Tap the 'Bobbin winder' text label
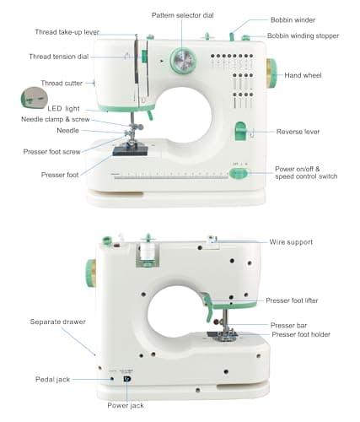tap(293, 19)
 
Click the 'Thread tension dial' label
tap(59, 57)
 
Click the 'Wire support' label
tap(291, 242)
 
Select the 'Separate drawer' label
tap(58, 322)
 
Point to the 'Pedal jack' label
tap(53, 380)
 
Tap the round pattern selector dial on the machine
tap(182, 60)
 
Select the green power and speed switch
tap(239, 174)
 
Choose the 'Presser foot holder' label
tap(301, 335)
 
